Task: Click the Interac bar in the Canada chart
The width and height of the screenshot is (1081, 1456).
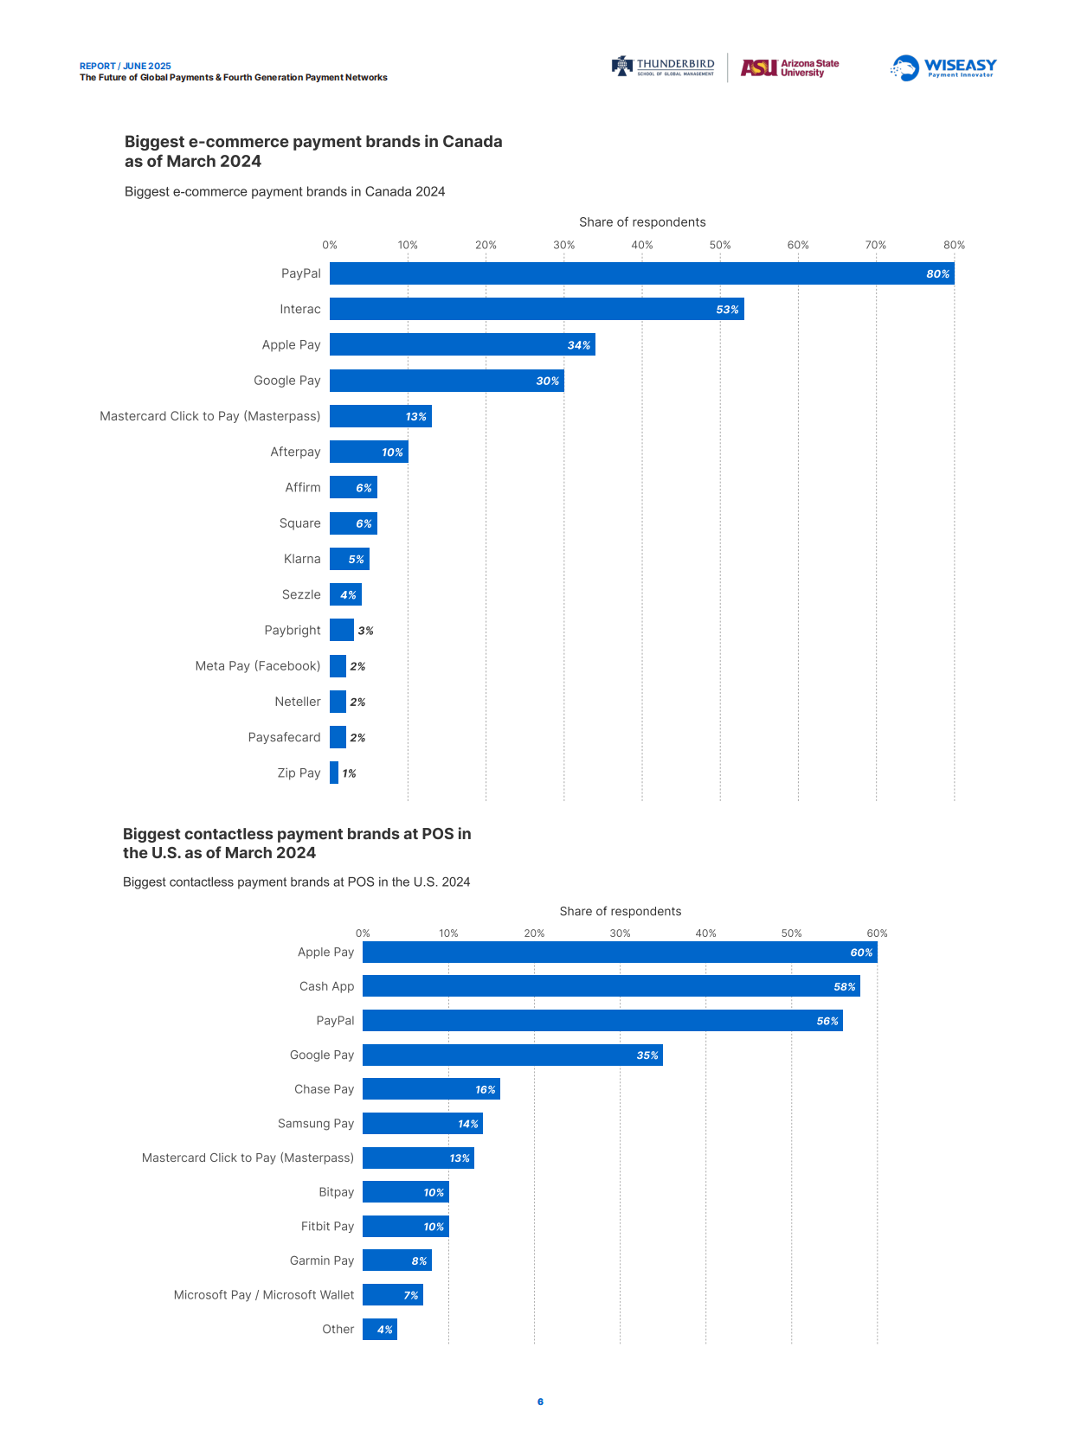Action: coord(537,309)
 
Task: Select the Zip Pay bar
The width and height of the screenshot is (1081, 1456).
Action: coord(334,773)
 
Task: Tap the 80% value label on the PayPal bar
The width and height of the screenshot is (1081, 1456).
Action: coord(937,273)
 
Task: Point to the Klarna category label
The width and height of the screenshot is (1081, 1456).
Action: coord(302,559)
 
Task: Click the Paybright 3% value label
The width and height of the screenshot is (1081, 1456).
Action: coord(365,631)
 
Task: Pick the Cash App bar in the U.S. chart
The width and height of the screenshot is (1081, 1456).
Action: coord(611,986)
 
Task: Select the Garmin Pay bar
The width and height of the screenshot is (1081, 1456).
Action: coord(396,1260)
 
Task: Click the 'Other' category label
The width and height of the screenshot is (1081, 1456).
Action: coord(338,1329)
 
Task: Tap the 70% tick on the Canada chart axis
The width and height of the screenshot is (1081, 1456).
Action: coord(875,245)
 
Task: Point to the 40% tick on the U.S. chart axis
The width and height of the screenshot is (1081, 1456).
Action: coord(705,933)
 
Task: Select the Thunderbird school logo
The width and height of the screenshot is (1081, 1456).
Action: coord(664,67)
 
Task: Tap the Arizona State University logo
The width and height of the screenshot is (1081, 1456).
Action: coord(789,67)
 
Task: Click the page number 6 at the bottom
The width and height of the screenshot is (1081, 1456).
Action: coord(540,1401)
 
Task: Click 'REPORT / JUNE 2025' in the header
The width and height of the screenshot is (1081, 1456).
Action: coord(125,66)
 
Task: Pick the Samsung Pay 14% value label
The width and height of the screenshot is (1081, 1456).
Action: coord(467,1124)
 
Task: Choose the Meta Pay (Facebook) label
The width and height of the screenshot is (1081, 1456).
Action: coord(258,666)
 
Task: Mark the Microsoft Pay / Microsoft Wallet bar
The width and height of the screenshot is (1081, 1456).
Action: coord(392,1295)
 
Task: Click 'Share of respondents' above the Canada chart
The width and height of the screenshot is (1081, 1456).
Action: coord(642,222)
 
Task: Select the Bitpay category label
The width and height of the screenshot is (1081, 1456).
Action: coord(336,1192)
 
